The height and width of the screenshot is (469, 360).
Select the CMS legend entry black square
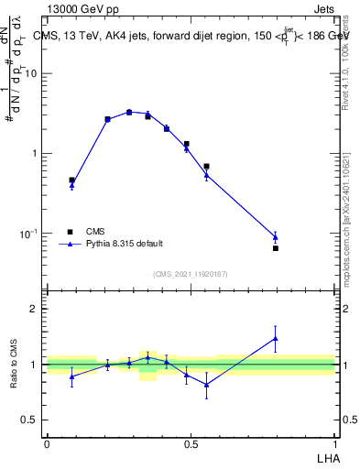point(70,231)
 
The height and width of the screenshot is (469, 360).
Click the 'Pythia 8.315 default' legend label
point(124,244)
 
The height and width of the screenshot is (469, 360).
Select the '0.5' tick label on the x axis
point(191,442)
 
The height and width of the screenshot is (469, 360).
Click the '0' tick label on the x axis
point(46,442)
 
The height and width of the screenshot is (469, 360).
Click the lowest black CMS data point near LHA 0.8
point(275,248)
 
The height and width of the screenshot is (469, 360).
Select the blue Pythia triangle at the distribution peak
point(129,112)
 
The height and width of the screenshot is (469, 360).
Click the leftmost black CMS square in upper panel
point(71,180)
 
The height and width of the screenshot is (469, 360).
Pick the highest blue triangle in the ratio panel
point(275,338)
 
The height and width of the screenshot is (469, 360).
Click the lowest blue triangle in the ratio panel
point(206,385)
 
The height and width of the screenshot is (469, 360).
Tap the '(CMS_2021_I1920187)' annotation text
point(190,274)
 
